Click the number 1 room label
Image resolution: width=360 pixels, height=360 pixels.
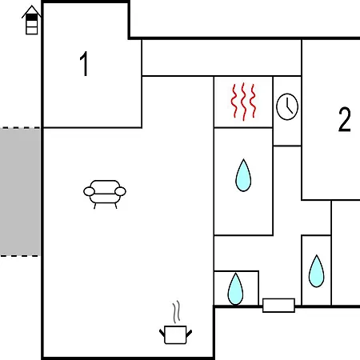[84, 64]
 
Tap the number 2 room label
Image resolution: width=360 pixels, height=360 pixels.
[344, 119]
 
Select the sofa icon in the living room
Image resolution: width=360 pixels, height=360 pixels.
[105, 194]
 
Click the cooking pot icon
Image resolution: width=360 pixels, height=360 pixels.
[175, 335]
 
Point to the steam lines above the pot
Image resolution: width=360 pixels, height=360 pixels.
[176, 312]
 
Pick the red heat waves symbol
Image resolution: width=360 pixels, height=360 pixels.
[243, 102]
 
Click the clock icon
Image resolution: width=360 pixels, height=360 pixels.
[287, 106]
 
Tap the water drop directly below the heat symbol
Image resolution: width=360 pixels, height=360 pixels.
[243, 175]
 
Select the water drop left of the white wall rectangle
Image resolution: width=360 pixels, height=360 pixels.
[235, 289]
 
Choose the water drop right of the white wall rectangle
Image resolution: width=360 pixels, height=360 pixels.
[317, 271]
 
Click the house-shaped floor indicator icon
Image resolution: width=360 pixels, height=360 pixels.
[31, 20]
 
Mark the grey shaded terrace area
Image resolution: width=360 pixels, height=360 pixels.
[20, 192]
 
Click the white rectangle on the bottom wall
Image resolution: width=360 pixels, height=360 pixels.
[278, 306]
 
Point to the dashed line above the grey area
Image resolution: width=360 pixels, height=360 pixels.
[20, 128]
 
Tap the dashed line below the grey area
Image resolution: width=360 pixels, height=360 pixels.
[20, 256]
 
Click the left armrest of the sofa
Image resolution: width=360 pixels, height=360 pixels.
[89, 191]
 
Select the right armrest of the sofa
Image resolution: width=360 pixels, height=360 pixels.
[120, 191]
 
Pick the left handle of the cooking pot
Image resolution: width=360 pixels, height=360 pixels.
[162, 333]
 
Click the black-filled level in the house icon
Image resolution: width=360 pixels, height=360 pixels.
[32, 18]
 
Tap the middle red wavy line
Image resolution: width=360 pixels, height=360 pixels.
[243, 102]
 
